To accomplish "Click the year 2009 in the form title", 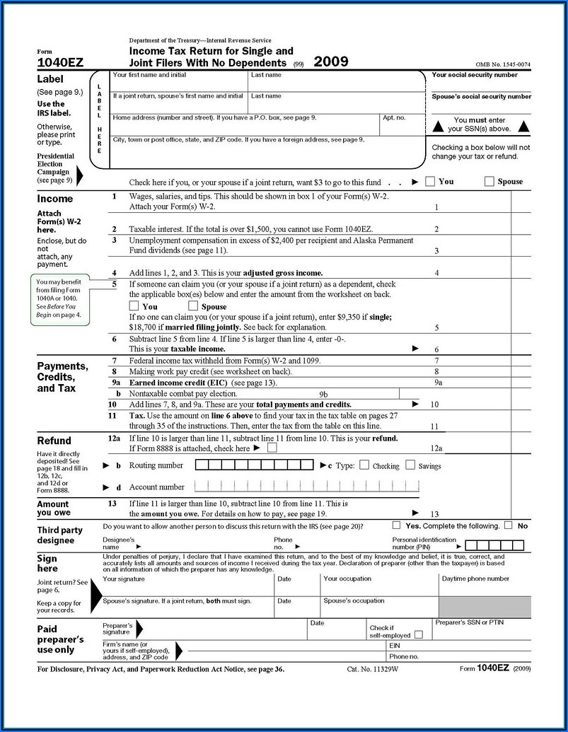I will (x=331, y=61).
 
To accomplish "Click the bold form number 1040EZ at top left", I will (x=60, y=63).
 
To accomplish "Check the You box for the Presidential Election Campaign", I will (x=430, y=181).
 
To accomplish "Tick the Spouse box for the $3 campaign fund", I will (x=489, y=181).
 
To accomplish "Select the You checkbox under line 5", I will (x=134, y=306).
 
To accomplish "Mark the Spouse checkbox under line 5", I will (x=193, y=306).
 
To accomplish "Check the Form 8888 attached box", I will (x=272, y=448).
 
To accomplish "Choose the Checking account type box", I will (x=364, y=465).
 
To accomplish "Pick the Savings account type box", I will (x=410, y=465).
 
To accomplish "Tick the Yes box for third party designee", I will (x=397, y=525).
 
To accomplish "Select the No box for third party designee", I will (x=509, y=525).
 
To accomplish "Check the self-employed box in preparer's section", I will (x=419, y=634).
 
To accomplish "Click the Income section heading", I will (x=55, y=199).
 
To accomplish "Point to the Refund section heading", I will (x=54, y=441).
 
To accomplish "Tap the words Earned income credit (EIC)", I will (x=168, y=383).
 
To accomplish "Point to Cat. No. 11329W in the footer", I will (x=369, y=668).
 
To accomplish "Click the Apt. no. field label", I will (x=394, y=117).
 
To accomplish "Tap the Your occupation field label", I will (x=347, y=579).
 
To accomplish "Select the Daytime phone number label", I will (x=475, y=579).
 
